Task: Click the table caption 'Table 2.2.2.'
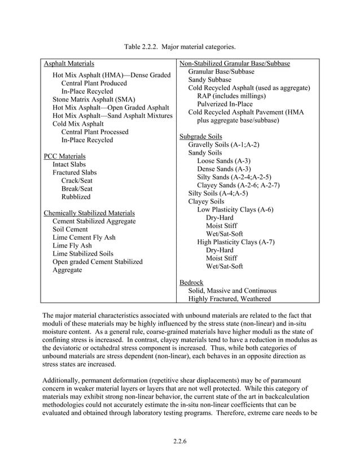pyautogui.click(x=142, y=46)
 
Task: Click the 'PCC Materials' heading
pyautogui.click(x=65, y=156)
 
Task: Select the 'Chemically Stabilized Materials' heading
pyautogui.click(x=89, y=213)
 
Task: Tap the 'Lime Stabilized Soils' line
pyautogui.click(x=83, y=254)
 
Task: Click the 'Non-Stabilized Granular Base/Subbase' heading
pyautogui.click(x=234, y=64)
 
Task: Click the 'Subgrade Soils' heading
pyautogui.click(x=200, y=137)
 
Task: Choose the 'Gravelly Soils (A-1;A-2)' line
pyautogui.click(x=223, y=145)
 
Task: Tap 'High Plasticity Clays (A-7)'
pyautogui.click(x=235, y=242)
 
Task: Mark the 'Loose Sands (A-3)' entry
pyautogui.click(x=223, y=161)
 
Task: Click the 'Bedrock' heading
pyautogui.click(x=191, y=282)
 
